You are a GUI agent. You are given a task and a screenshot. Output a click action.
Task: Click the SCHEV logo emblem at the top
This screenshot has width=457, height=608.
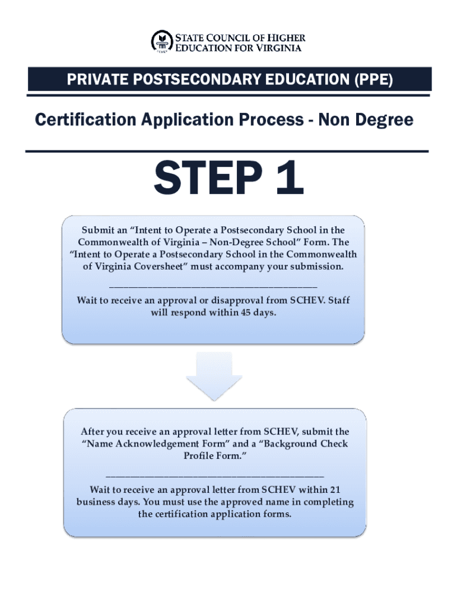(162, 41)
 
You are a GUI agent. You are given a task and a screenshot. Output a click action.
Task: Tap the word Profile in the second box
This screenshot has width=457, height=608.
(198, 455)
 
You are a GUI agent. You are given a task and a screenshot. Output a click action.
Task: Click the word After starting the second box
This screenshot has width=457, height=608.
(93, 432)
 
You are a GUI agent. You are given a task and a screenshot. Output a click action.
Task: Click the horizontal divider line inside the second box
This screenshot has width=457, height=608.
(214, 476)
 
